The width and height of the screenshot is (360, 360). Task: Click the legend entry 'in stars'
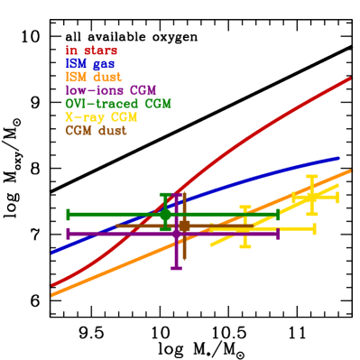tap(91, 51)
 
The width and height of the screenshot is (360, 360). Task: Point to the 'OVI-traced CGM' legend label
tap(118, 104)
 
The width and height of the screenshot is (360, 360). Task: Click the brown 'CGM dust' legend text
tap(96, 131)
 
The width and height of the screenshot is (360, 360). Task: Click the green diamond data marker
tap(165, 214)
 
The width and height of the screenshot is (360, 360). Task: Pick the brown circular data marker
tap(183, 226)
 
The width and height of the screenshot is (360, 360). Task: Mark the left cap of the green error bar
tap(68, 214)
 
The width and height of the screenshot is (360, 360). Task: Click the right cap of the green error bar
tap(278, 214)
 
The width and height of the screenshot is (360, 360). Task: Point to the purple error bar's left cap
tap(68, 234)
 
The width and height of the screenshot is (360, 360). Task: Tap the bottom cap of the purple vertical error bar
tap(176, 268)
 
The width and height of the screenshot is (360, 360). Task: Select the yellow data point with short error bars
tap(312, 196)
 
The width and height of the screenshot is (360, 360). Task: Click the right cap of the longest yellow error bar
tap(315, 229)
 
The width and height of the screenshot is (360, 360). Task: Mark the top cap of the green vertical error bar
tap(165, 194)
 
